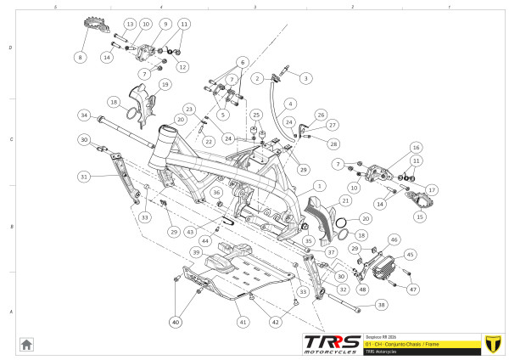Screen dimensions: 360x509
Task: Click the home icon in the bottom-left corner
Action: click(27, 344)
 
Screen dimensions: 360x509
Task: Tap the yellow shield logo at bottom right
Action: click(490, 344)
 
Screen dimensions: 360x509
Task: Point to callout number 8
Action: click(81, 58)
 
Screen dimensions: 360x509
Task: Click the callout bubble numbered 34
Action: click(84, 115)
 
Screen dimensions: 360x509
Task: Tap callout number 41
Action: click(243, 323)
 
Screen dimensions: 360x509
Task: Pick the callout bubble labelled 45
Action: click(410, 254)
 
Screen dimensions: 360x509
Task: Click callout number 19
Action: click(165, 85)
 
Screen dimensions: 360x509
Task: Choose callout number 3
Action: click(305, 77)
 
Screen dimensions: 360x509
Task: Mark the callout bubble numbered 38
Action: click(381, 305)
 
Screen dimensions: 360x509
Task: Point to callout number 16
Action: click(416, 147)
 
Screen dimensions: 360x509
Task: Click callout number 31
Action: click(84, 177)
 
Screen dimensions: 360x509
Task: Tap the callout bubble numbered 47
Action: click(414, 289)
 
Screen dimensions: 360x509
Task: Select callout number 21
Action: click(345, 200)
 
